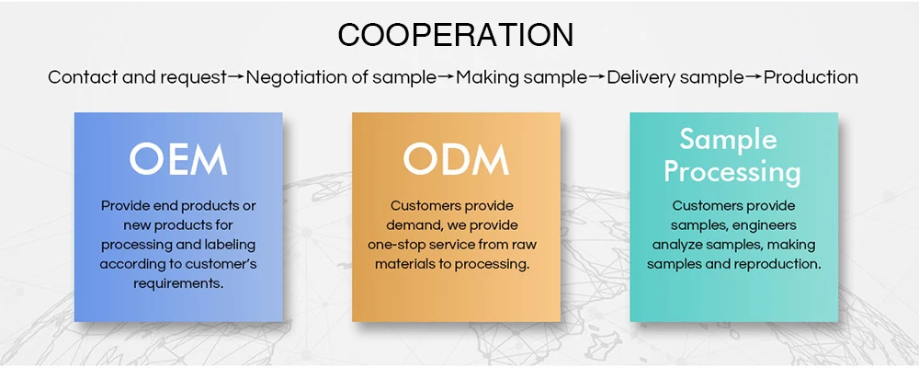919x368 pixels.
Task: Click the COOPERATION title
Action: point(456,35)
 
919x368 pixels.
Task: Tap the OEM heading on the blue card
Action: point(178,158)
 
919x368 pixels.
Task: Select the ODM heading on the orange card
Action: point(456,158)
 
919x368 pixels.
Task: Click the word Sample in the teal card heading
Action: point(728,140)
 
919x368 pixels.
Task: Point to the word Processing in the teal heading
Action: point(732,171)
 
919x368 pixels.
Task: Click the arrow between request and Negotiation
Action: point(236,77)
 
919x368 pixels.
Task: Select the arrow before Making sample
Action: point(446,77)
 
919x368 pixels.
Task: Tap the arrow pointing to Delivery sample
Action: point(596,77)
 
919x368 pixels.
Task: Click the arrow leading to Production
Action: point(753,77)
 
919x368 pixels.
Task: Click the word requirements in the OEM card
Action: point(178,283)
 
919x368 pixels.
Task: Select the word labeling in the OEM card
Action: point(229,245)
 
